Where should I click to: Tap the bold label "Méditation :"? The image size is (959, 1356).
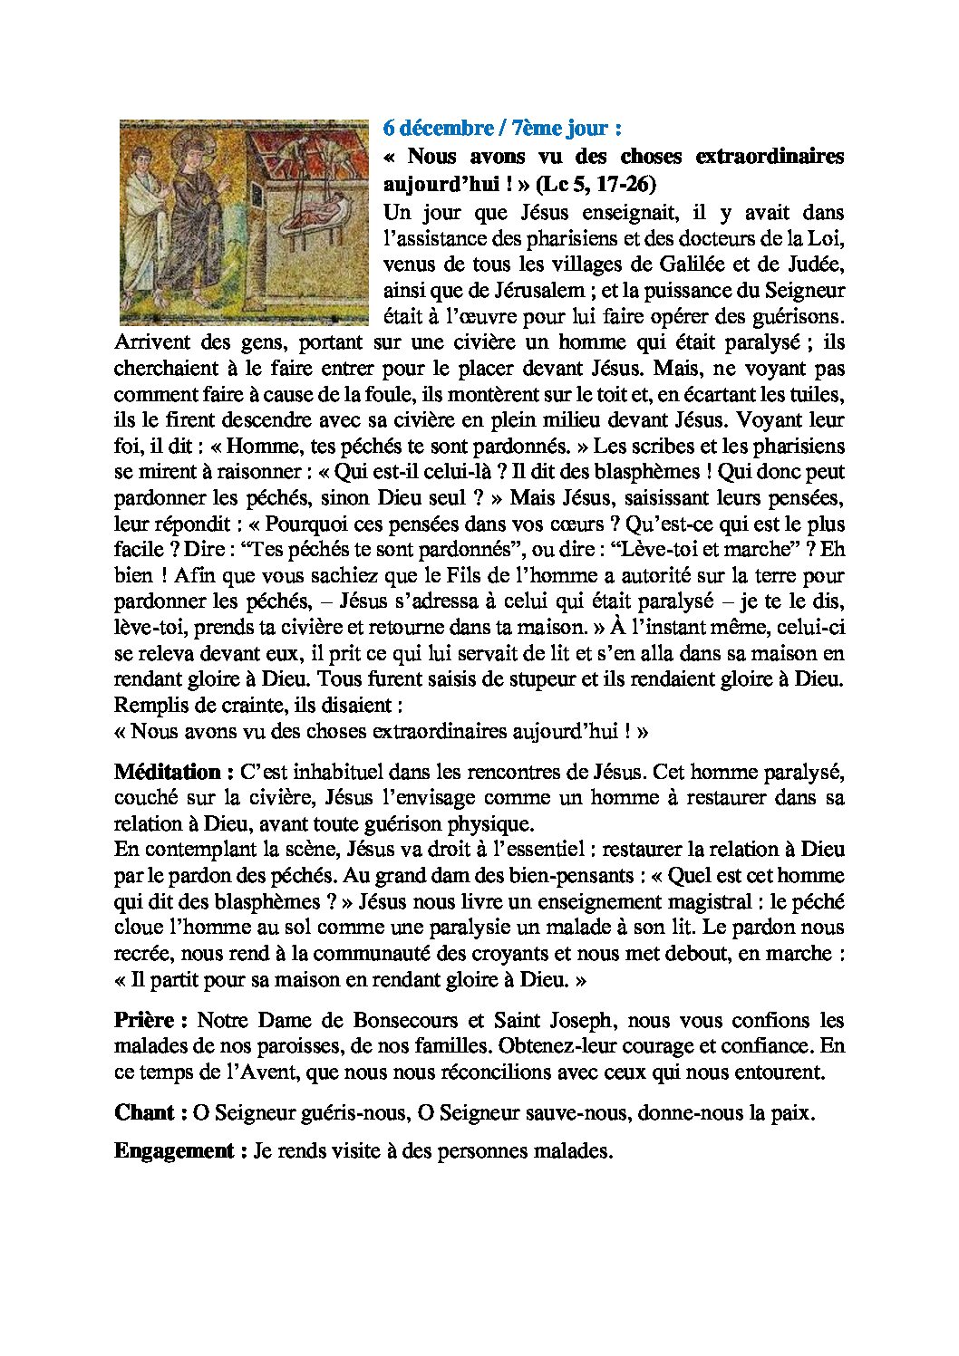click(168, 773)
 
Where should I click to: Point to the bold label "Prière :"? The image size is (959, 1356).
click(150, 1020)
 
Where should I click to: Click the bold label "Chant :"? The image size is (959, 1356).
click(150, 1113)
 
